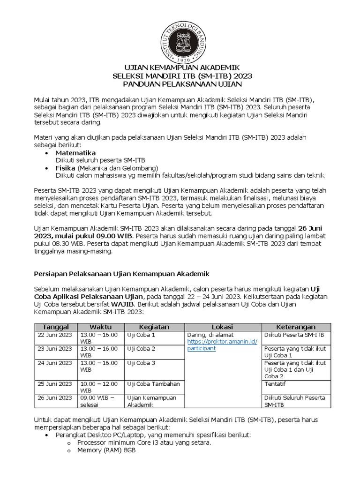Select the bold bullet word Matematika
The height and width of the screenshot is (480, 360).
tap(75, 153)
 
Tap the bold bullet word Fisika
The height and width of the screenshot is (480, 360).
tap(66, 168)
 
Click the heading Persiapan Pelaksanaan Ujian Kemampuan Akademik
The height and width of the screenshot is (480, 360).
tap(122, 273)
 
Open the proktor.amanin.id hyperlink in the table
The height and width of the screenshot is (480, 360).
tap(222, 345)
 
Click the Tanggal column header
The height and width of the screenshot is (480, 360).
tap(56, 327)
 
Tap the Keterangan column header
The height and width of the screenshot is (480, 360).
tap(296, 327)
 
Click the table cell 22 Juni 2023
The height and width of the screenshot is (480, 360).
tap(55, 335)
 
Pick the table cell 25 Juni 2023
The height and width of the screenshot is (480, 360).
tap(55, 384)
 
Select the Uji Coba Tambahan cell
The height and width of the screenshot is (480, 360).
tap(153, 384)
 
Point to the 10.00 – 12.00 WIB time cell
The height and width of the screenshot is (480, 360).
tap(99, 387)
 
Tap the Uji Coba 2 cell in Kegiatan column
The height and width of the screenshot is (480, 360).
tap(141, 349)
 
